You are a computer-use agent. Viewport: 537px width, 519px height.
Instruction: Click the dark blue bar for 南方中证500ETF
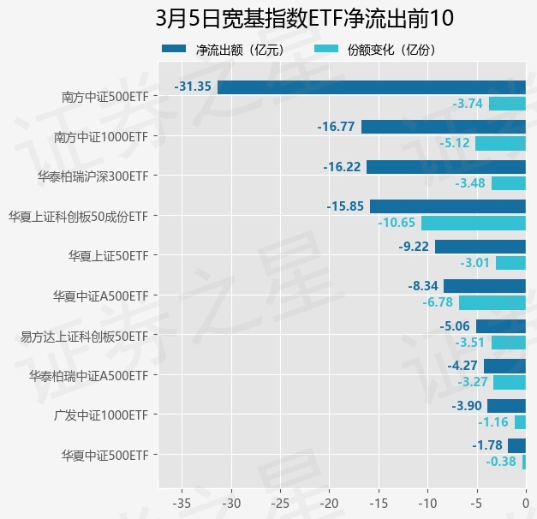pyautogui.click(x=371, y=86)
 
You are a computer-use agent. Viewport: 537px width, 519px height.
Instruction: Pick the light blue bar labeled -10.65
pyautogui.click(x=473, y=223)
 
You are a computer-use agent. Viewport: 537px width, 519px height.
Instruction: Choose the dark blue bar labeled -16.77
pyautogui.click(x=443, y=127)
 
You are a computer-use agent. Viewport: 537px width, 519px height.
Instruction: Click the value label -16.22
pyautogui.click(x=342, y=167)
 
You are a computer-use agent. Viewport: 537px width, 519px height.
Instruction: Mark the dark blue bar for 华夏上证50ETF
pyautogui.click(x=480, y=247)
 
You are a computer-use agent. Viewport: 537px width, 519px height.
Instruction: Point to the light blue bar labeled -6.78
pyautogui.click(x=492, y=302)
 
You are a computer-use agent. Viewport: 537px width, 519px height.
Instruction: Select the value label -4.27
pyautogui.click(x=463, y=366)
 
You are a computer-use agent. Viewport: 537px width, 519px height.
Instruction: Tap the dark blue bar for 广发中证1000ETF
pyautogui.click(x=506, y=405)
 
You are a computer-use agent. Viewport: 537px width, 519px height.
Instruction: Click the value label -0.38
pyautogui.click(x=501, y=462)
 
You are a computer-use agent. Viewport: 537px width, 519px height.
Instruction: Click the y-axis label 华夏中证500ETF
pyautogui.click(x=104, y=456)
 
